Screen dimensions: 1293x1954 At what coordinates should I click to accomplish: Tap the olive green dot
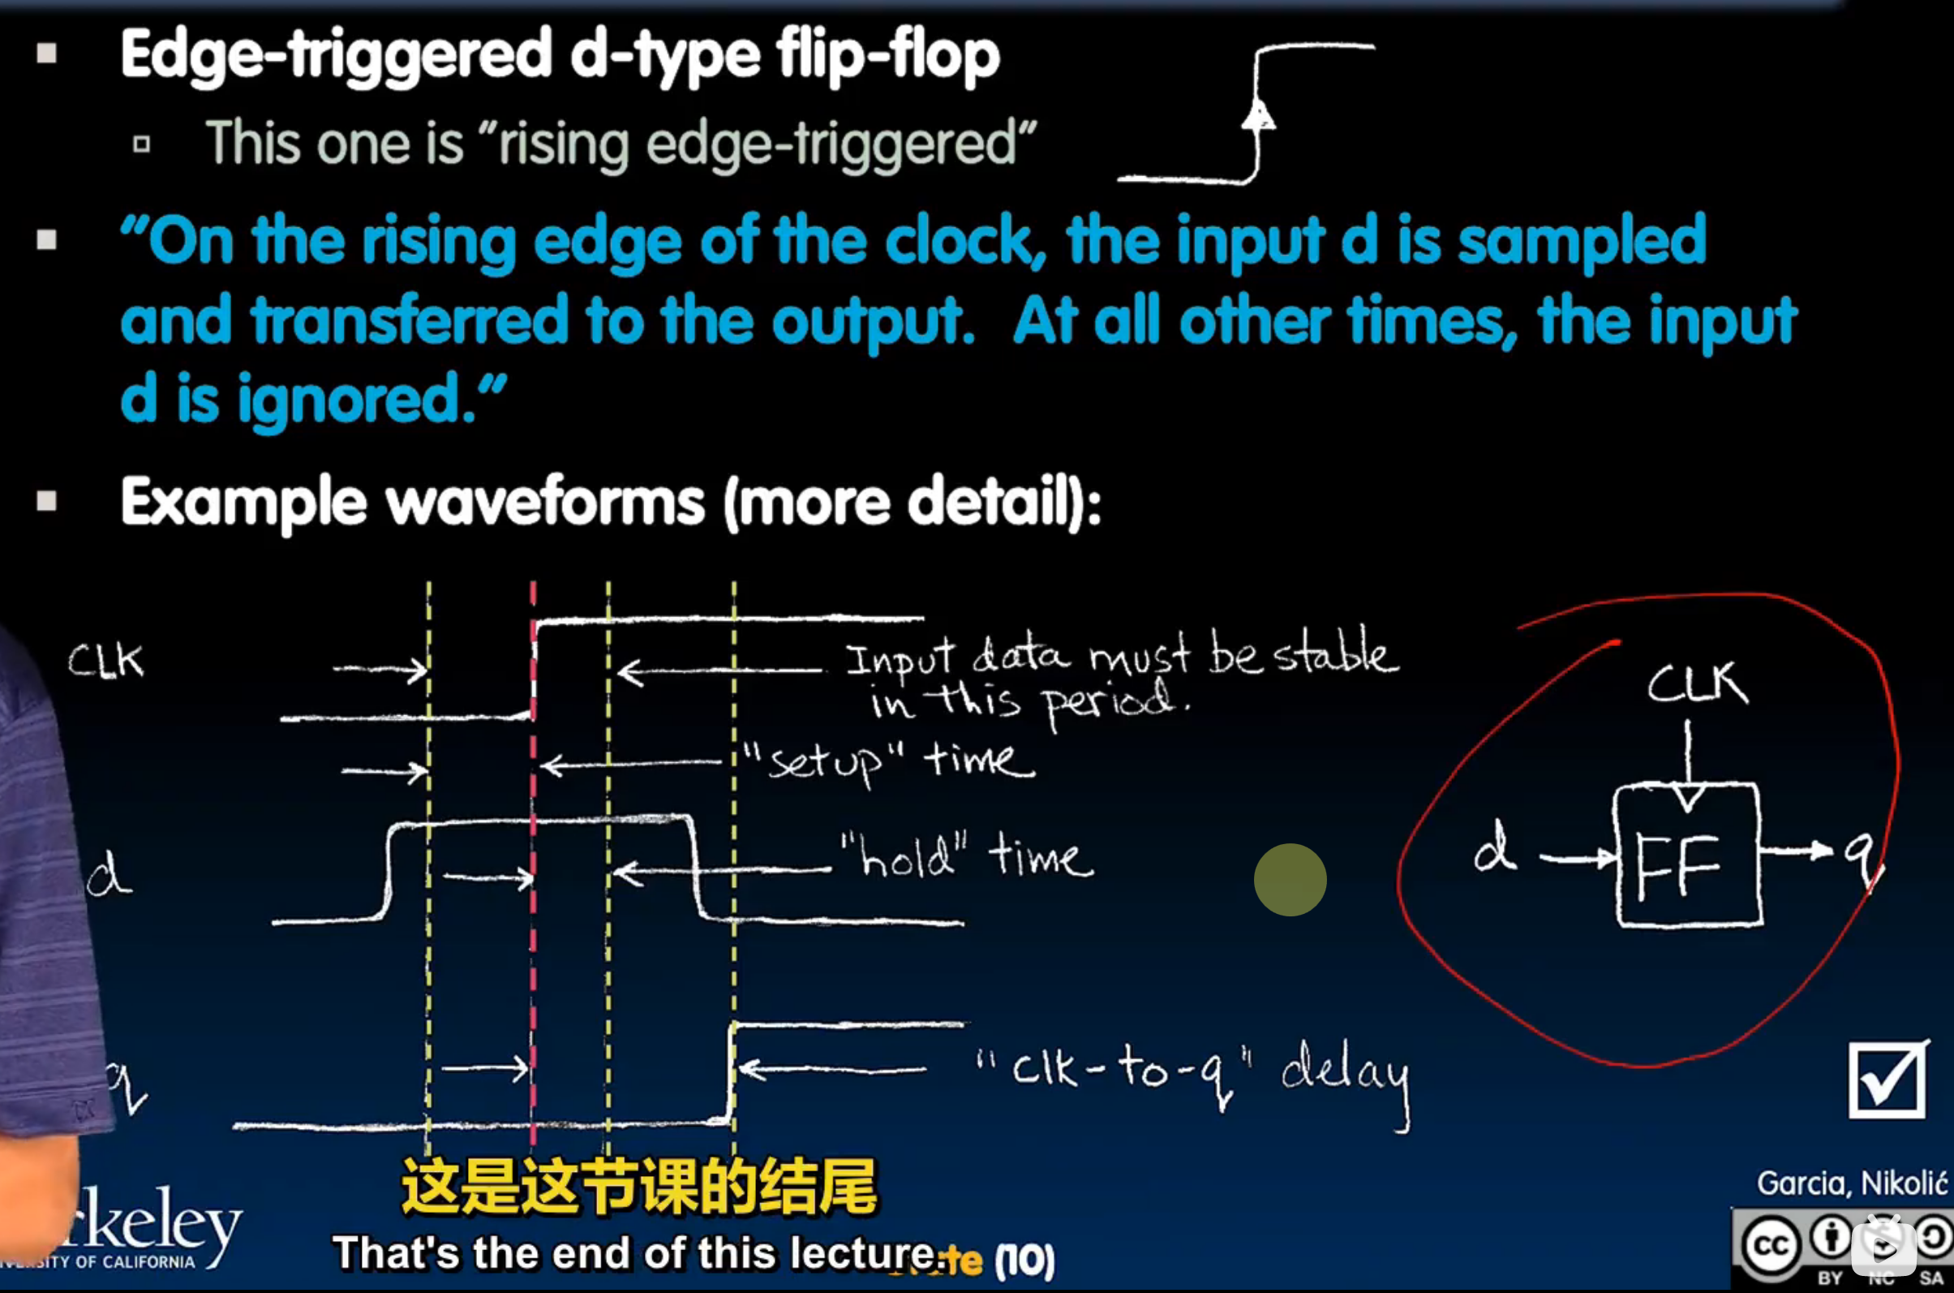coord(1290,880)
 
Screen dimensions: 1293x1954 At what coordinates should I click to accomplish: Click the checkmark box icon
coord(1887,1081)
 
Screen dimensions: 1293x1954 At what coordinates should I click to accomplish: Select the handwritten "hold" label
coord(904,857)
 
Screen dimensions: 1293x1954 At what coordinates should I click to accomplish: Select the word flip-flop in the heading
coord(887,54)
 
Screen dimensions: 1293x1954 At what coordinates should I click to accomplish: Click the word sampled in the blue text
coord(1582,242)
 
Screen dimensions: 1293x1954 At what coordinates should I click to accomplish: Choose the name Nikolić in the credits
coord(1904,1183)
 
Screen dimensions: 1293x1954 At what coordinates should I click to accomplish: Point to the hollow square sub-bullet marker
coord(142,145)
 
